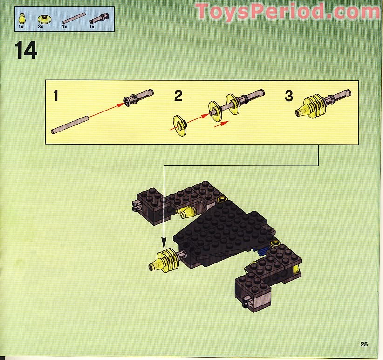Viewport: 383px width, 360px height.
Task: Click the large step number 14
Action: click(x=26, y=50)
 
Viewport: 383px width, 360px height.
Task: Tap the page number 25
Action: click(x=364, y=344)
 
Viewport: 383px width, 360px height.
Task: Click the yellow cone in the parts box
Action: click(x=21, y=19)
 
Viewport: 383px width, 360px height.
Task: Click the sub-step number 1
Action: click(x=56, y=97)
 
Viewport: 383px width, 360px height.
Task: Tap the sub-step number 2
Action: click(x=178, y=97)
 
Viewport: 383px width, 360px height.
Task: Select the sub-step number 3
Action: click(x=289, y=97)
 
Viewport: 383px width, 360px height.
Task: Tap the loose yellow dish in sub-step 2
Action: click(x=179, y=125)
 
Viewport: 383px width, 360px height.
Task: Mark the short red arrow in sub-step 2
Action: click(x=222, y=124)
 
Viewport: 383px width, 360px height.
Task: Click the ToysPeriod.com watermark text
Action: click(x=287, y=11)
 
